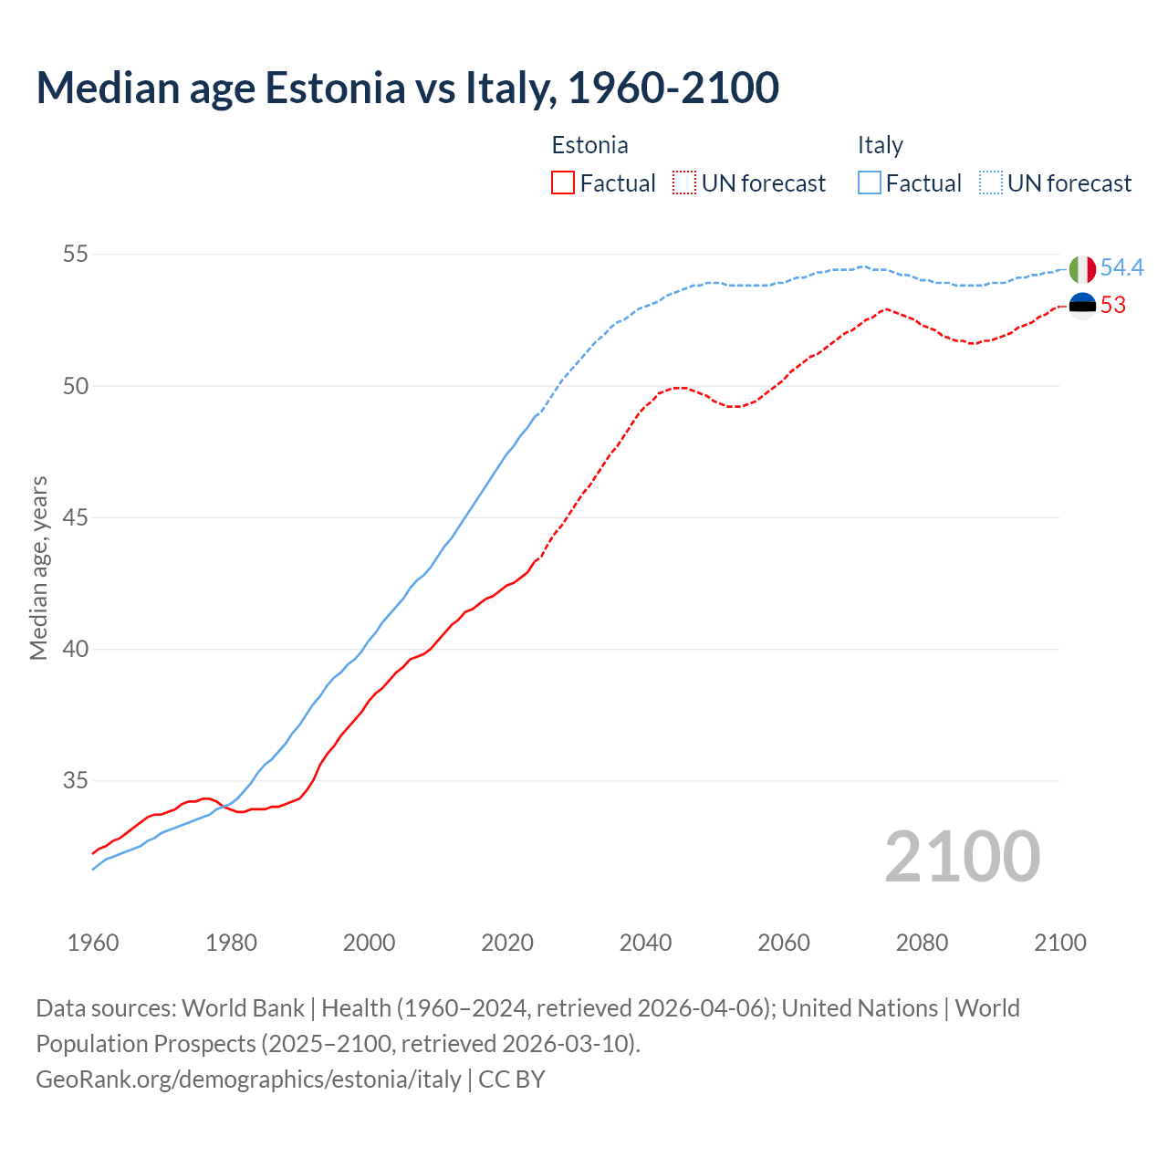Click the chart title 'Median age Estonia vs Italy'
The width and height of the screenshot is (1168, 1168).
[407, 88]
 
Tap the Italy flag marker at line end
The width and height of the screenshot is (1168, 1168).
[1082, 269]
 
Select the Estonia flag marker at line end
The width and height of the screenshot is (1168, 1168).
[1082, 306]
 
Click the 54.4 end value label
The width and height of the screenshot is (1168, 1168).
[1121, 267]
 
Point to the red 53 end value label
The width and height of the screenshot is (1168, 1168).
[1113, 306]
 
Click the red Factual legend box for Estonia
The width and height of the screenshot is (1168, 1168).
[563, 183]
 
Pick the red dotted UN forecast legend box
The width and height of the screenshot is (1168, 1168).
[684, 183]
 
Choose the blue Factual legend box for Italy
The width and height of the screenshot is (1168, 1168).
[870, 183]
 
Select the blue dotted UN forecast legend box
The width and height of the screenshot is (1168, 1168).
[991, 183]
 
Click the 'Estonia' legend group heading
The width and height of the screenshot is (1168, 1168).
[589, 145]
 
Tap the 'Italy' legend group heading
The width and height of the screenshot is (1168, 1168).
[880, 145]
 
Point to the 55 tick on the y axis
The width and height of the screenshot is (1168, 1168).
[75, 255]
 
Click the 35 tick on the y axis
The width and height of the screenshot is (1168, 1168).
[75, 781]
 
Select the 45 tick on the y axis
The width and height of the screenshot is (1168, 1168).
[75, 517]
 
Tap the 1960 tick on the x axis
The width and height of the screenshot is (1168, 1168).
[93, 943]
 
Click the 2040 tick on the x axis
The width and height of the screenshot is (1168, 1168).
[645, 943]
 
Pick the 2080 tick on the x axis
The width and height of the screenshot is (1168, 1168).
[922, 943]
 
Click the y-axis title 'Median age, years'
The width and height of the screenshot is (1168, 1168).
[38, 568]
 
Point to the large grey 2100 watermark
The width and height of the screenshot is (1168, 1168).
[962, 857]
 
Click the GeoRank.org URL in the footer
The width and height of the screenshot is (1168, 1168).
[248, 1079]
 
